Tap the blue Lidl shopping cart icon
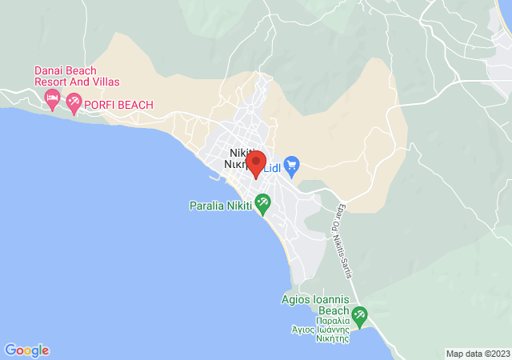(292, 166)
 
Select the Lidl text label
(272, 166)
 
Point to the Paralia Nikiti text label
(220, 206)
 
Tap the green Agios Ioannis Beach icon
(359, 316)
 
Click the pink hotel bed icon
(52, 100)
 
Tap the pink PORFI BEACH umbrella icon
(74, 102)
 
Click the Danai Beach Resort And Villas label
(76, 76)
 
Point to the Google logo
(26, 350)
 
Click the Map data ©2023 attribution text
(478, 354)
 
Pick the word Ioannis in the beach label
(334, 300)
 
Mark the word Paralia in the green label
(206, 206)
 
